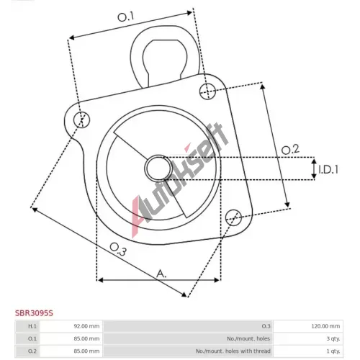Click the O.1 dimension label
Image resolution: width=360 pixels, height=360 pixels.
click(x=125, y=17)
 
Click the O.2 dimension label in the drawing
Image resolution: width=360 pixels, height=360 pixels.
click(x=290, y=150)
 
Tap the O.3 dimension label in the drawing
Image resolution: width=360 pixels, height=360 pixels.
click(x=118, y=249)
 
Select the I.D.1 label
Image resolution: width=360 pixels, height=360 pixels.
click(x=328, y=169)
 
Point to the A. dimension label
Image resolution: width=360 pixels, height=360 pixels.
click(x=161, y=274)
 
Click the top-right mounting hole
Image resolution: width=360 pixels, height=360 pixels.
click(x=208, y=91)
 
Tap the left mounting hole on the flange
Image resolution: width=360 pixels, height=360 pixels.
click(x=81, y=120)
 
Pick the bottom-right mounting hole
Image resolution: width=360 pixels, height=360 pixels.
click(x=233, y=217)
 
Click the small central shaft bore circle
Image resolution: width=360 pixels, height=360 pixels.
click(x=158, y=168)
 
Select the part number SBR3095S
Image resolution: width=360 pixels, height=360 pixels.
click(x=34, y=313)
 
